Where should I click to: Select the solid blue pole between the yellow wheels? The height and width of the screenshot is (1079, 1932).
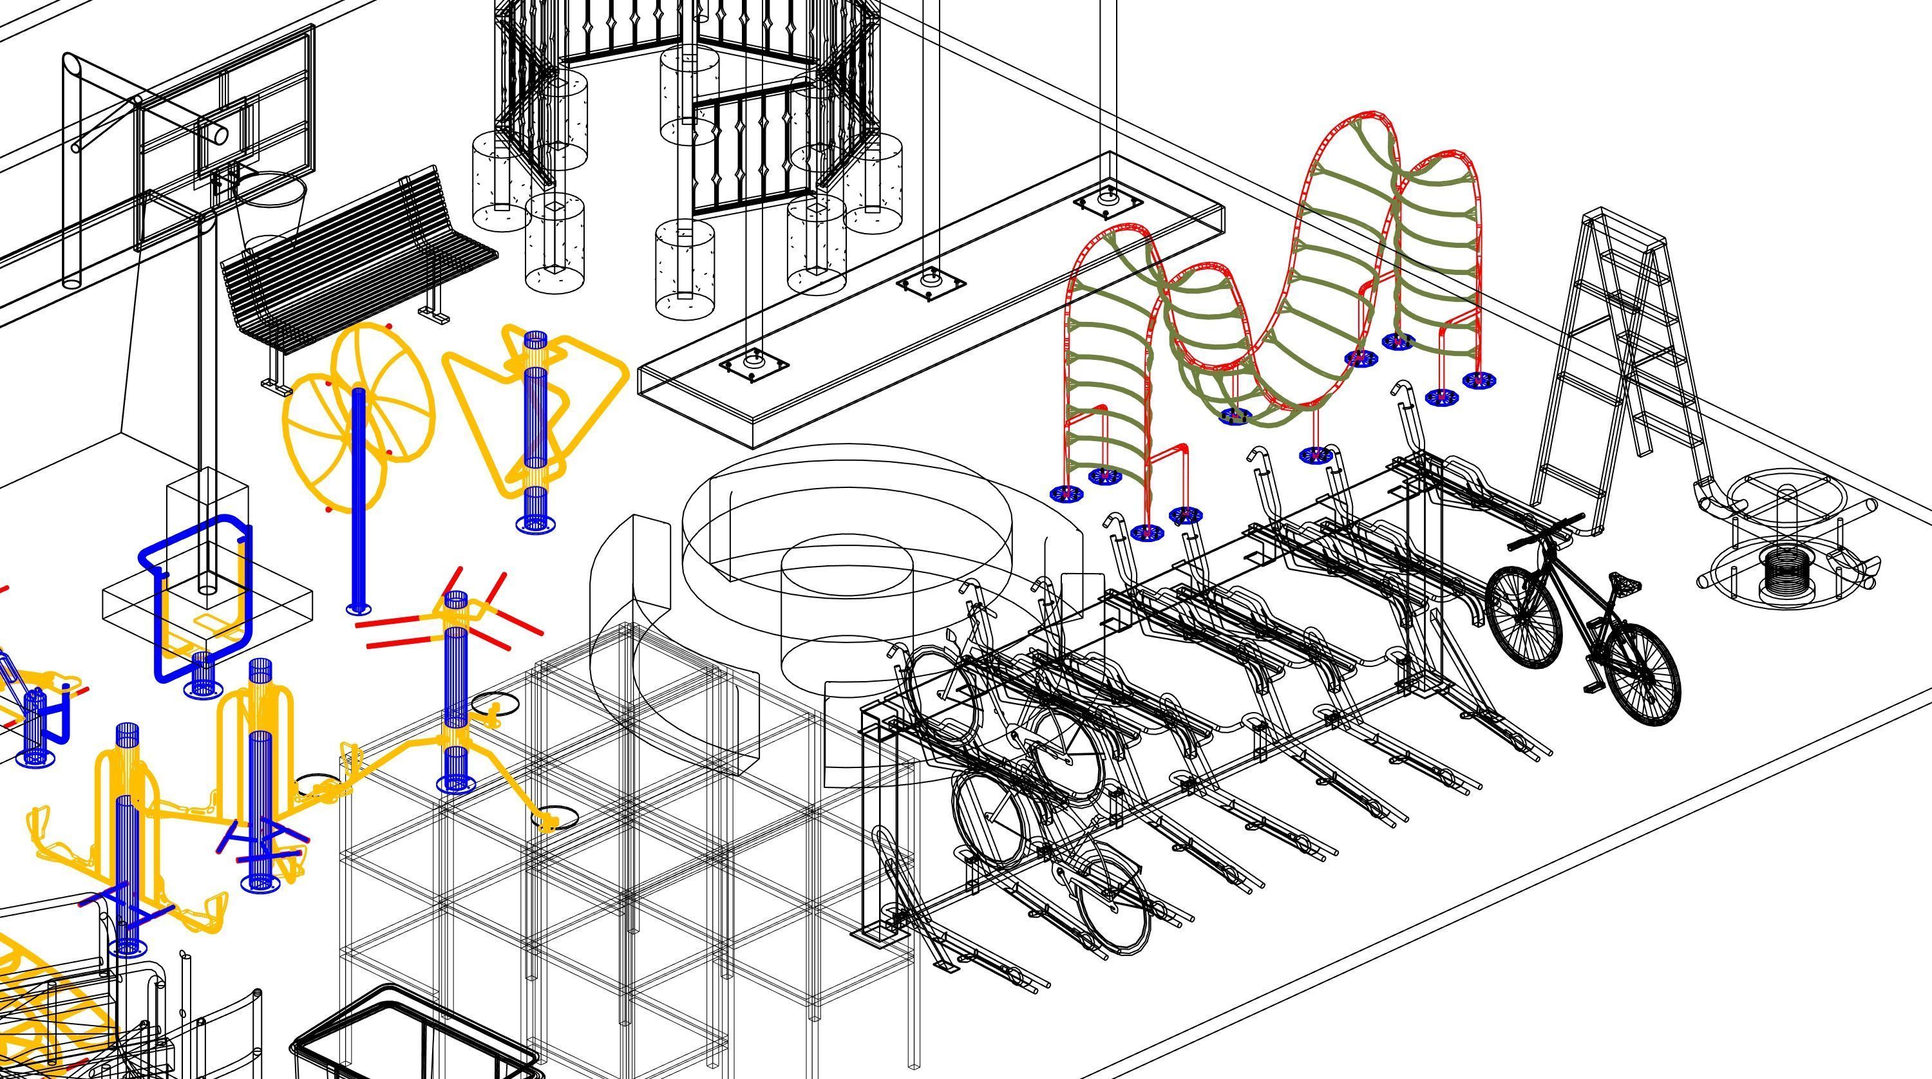pyautogui.click(x=359, y=495)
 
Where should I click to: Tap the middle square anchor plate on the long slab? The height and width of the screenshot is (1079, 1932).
pyautogui.click(x=931, y=283)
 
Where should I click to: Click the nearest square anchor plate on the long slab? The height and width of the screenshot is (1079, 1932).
pyautogui.click(x=753, y=365)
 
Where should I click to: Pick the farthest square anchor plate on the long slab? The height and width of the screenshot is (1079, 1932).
pyautogui.click(x=1108, y=201)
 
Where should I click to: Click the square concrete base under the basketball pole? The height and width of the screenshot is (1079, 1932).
pyautogui.click(x=207, y=600)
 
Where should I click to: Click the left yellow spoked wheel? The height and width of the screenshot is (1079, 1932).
pyautogui.click(x=319, y=442)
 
